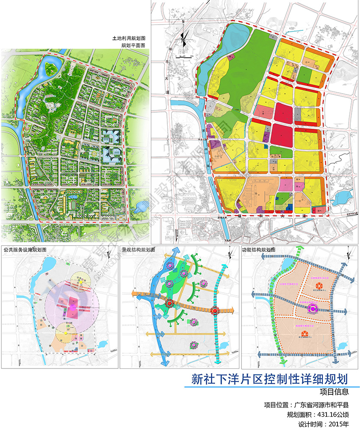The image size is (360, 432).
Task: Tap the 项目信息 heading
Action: coord(334,392)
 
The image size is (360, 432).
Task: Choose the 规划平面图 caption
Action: coord(134,45)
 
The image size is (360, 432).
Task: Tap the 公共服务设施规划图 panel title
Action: coord(25,250)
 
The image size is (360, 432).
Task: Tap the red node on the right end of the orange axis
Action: coord(215,311)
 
